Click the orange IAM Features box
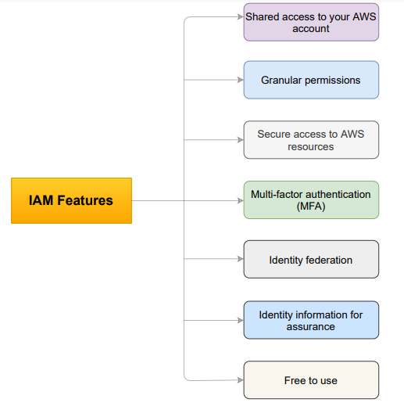pyautogui.click(x=71, y=200)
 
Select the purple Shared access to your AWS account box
pyautogui.click(x=311, y=22)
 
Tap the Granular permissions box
pyautogui.click(x=311, y=80)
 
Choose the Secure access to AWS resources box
pyautogui.click(x=311, y=140)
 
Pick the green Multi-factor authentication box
pyautogui.click(x=311, y=200)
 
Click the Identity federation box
pyautogui.click(x=311, y=260)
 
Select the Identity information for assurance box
pyautogui.click(x=311, y=320)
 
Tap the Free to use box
pyautogui.click(x=311, y=380)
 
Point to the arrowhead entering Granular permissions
pyautogui.click(x=240, y=80)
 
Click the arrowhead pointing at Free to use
pyautogui.click(x=240, y=380)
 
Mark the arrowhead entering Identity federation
pyautogui.click(x=240, y=260)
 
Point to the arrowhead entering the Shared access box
pyautogui.click(x=240, y=16)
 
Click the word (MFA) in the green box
pyautogui.click(x=311, y=207)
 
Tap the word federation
pyautogui.click(x=328, y=260)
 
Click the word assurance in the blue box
pyautogui.click(x=311, y=326)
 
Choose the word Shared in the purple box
pyautogui.click(x=263, y=16)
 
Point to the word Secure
pyautogui.click(x=274, y=135)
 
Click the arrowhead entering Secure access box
pyautogui.click(x=240, y=140)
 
